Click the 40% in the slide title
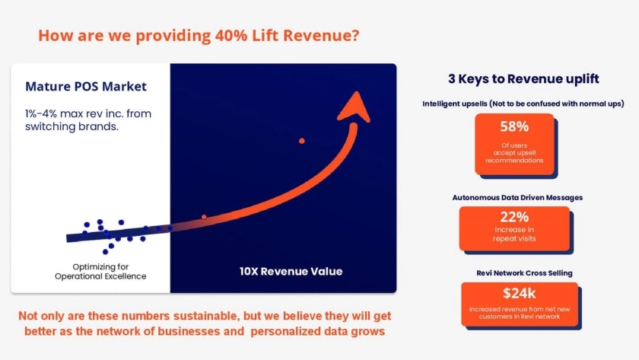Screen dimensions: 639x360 231,36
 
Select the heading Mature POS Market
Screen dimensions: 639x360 85,87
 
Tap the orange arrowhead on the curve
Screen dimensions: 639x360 354,107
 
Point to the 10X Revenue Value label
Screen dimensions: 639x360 291,272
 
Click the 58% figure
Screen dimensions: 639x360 514,127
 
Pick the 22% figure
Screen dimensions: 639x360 514,217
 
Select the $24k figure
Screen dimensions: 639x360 519,293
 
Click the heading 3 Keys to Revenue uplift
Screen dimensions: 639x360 523,78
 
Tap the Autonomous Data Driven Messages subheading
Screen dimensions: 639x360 517,198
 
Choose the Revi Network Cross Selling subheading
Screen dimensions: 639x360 524,273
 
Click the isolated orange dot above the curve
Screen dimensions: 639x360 301,141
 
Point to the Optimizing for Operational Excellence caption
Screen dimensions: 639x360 100,272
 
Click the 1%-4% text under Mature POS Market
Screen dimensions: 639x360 41,113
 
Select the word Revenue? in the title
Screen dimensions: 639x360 321,36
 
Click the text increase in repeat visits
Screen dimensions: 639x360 514,234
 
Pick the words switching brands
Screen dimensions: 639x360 72,127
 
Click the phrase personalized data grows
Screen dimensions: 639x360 317,332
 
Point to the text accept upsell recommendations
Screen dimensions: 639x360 514,157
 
